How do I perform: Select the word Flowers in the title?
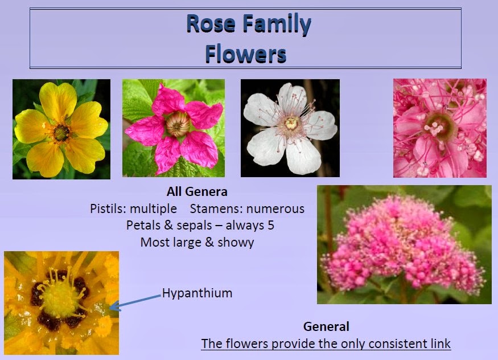click(x=245, y=55)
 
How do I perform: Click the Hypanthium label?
click(x=197, y=293)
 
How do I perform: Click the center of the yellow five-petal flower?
click(x=61, y=133)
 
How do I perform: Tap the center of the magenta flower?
click(x=176, y=124)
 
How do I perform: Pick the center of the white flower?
click(x=291, y=122)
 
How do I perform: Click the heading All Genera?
click(x=197, y=192)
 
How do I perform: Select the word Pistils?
click(x=108, y=208)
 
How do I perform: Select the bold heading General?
click(x=326, y=327)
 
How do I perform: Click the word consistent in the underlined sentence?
click(x=385, y=344)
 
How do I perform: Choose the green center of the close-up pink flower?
click(x=437, y=124)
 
